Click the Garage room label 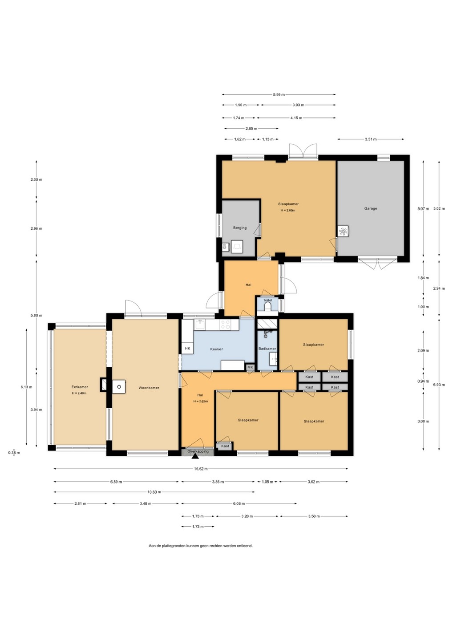coord(370,208)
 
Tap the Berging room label coord(240,228)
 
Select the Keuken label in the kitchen coord(217,349)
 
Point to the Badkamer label coord(267,349)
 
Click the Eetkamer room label coord(80,387)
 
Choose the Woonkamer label coord(149,388)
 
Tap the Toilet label coord(268,300)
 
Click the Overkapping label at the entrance coord(198,451)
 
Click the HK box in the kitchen coord(187,348)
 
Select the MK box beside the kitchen coord(250,367)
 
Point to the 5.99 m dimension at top coord(279,94)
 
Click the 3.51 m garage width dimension coord(371,139)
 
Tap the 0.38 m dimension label coord(14,453)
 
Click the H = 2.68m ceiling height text coord(288,210)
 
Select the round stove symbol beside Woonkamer coord(119,387)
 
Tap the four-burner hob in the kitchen coord(225,325)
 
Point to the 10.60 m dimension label coord(154,492)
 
